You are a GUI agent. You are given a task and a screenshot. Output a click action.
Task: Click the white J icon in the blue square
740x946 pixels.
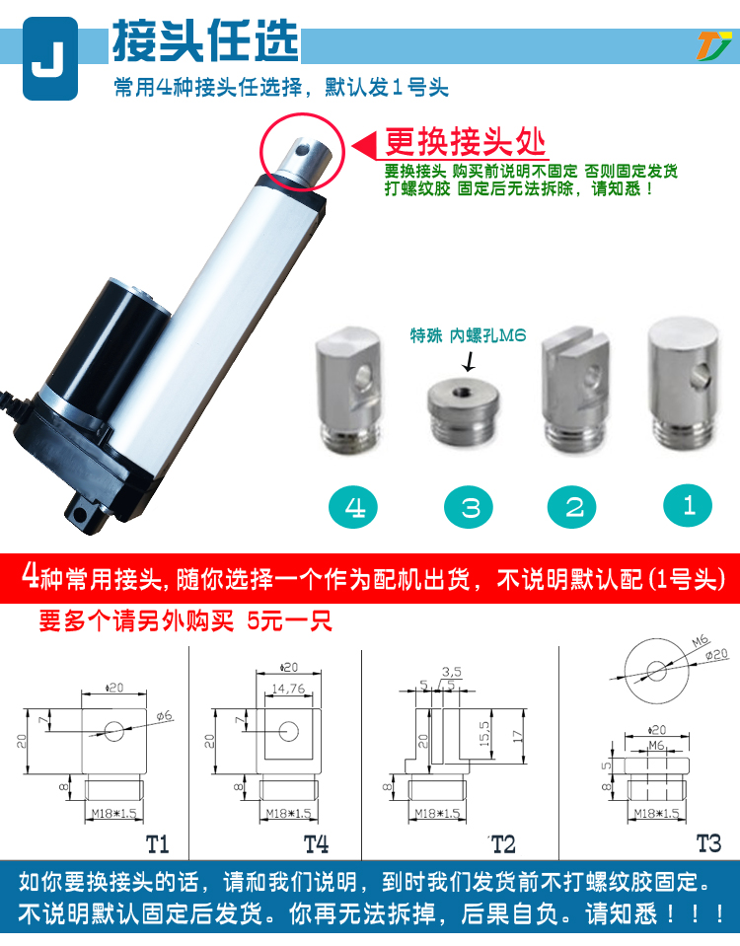(50, 58)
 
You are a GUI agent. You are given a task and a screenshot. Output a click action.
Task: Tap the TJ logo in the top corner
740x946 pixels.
(712, 45)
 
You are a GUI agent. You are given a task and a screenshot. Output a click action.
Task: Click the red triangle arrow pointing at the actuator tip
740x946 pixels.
(363, 146)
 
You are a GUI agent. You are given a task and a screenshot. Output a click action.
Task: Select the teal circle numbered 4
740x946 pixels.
(353, 507)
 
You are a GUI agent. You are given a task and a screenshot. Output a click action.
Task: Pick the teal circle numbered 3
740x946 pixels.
(469, 507)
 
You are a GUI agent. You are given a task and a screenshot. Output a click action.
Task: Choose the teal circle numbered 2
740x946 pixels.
(571, 507)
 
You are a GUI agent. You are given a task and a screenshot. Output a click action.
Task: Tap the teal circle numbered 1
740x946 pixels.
(688, 506)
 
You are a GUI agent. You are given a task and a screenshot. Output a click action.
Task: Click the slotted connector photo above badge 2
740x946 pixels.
(575, 389)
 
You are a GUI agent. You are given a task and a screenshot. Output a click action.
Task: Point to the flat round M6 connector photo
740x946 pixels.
(464, 411)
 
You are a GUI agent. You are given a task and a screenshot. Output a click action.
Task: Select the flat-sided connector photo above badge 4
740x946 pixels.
(349, 389)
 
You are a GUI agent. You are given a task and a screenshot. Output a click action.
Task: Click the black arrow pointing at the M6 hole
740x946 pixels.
(469, 360)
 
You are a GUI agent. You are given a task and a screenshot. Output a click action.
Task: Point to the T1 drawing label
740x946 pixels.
(157, 844)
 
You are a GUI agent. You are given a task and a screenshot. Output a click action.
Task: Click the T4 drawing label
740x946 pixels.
(316, 844)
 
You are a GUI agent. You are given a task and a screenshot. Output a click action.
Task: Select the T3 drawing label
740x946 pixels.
(708, 842)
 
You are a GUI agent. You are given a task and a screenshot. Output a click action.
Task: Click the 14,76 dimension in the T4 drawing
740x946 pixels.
(288, 689)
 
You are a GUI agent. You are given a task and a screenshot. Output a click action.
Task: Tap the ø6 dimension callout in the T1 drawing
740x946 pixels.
(164, 716)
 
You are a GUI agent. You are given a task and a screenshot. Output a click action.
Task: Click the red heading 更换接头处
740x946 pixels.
(465, 142)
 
